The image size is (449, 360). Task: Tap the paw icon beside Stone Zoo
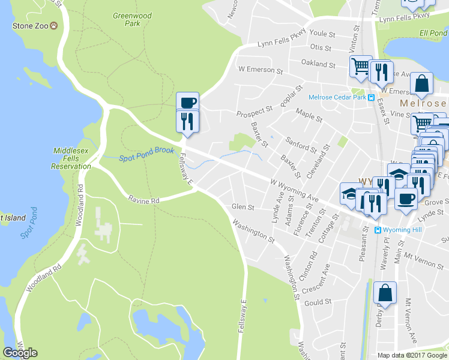tap(54, 26)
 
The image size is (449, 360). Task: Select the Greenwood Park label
tap(132, 19)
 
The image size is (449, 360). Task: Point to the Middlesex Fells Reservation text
tap(71, 158)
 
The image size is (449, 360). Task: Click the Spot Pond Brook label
tap(146, 155)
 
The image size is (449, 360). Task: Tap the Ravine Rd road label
tap(143, 200)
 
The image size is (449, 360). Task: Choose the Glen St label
tap(243, 207)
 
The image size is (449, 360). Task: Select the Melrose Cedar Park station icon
tap(372, 98)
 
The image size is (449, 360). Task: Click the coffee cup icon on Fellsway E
tap(187, 101)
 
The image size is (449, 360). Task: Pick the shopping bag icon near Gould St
tap(385, 293)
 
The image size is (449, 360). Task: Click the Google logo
tap(20, 353)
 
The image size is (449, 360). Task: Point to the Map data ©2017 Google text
tap(412, 355)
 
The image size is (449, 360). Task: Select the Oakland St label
tap(318, 64)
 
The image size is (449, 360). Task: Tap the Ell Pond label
tap(433, 32)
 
